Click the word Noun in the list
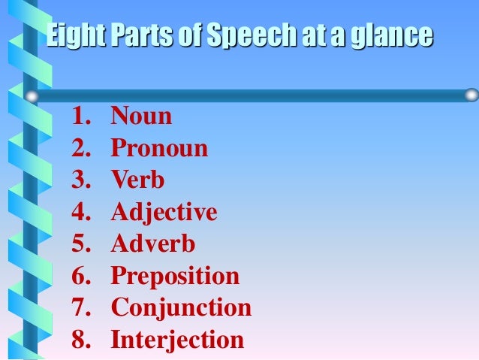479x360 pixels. tap(141, 116)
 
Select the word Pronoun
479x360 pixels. tap(159, 148)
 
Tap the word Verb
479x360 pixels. tap(137, 180)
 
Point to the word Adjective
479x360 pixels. tap(164, 213)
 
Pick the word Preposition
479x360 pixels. tap(175, 277)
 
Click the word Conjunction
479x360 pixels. tap(181, 308)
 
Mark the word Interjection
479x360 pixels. tap(177, 340)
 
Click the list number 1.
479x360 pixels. tap(79, 116)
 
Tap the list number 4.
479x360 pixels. tap(80, 213)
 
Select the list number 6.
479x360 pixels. tap(80, 277)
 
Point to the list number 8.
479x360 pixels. tap(80, 340)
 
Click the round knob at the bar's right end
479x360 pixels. tap(471, 95)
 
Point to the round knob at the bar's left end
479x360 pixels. tap(31, 96)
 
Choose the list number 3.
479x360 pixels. tap(80, 180)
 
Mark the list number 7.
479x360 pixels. tap(80, 308)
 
